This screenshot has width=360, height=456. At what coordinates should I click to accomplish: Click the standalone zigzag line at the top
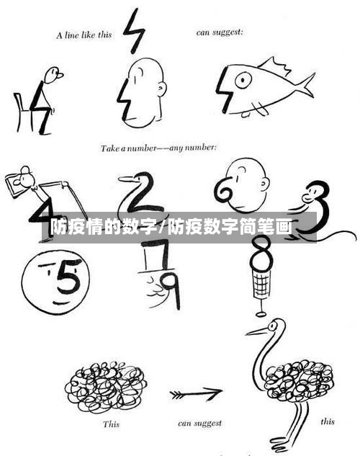pos(134,31)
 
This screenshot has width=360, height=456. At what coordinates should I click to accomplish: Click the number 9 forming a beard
pos(170,286)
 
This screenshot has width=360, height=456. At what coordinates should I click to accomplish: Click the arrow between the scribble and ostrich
pos(196,394)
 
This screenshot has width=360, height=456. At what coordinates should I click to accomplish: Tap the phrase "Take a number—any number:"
pos(158,148)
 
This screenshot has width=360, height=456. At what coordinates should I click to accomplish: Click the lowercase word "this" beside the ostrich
pos(327,421)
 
